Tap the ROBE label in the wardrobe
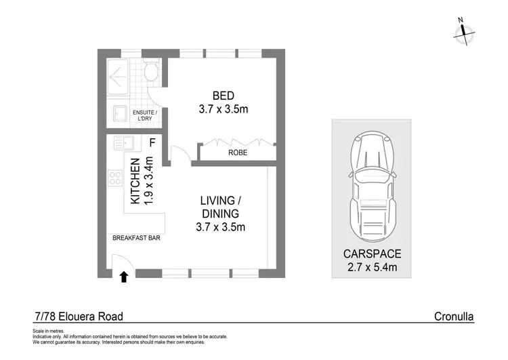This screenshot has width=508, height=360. [x=237, y=153]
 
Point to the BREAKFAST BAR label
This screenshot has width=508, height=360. [x=136, y=239]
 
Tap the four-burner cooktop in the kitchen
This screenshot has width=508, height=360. [x=115, y=180]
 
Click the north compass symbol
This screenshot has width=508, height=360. [x=463, y=33]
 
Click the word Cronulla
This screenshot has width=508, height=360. [x=454, y=316]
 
